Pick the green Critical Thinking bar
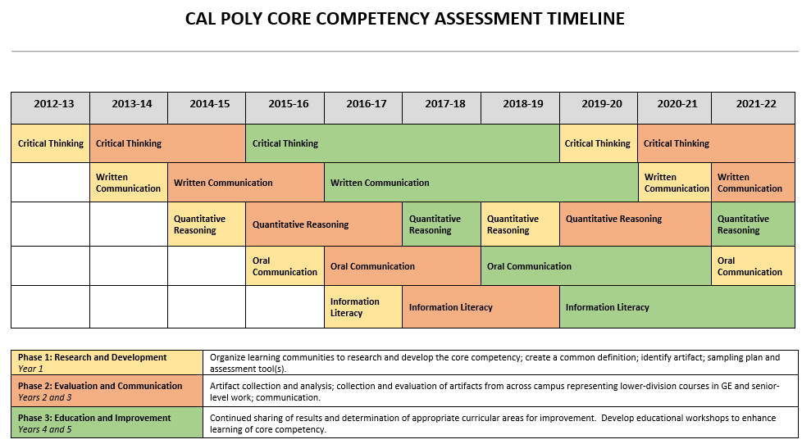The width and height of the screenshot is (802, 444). point(403,143)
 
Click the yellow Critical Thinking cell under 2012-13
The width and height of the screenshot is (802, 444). point(50,143)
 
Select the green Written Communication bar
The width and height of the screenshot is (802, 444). point(481,183)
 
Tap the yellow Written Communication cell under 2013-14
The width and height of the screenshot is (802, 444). point(129,183)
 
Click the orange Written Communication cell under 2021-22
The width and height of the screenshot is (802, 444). point(752,183)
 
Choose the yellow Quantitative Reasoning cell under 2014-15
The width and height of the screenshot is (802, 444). point(207,224)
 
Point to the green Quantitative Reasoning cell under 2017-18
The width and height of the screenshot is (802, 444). point(441,224)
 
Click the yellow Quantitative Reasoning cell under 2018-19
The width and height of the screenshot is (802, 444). point(520,224)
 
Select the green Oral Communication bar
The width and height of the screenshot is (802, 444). point(595,266)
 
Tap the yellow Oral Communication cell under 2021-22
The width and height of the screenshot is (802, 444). point(752,266)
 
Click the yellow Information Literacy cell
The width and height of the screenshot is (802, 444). point(363,307)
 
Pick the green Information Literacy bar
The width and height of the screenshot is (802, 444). point(677,307)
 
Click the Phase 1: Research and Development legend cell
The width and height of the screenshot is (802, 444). point(107,363)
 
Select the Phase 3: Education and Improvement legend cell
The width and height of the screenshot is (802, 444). point(107,424)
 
